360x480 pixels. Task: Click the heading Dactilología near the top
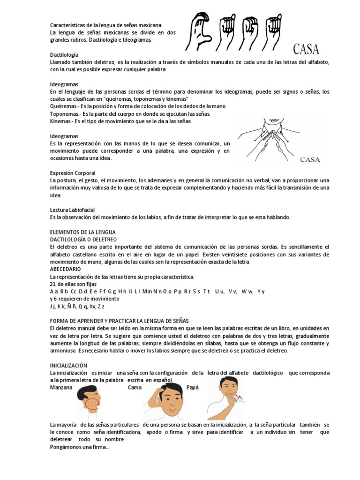[x=64, y=55]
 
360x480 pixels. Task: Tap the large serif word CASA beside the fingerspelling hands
[x=306, y=49]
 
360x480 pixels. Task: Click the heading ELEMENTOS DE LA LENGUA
[x=82, y=232]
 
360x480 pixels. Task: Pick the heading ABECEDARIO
[x=65, y=269]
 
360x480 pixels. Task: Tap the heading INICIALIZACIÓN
[x=68, y=365]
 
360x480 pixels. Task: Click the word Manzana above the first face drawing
[x=61, y=388]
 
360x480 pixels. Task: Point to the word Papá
[x=193, y=388]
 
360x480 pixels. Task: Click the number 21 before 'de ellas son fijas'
[x=52, y=284]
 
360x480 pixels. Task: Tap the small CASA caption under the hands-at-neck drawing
[x=309, y=160]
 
